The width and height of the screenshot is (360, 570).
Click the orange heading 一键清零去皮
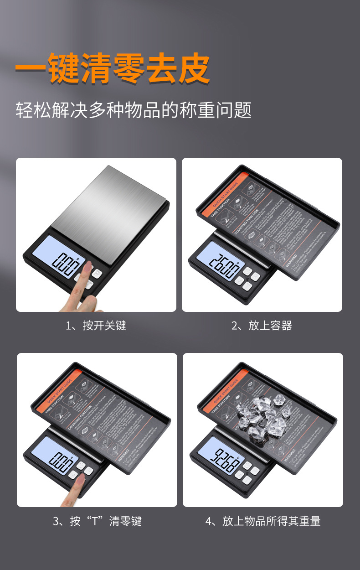click(112, 69)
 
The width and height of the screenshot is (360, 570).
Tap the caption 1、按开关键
click(96, 326)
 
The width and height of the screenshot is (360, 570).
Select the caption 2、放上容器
click(262, 326)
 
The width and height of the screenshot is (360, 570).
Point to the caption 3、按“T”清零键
click(97, 521)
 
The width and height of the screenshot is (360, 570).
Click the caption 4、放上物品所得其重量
click(263, 521)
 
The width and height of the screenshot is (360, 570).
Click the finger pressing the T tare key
click(78, 486)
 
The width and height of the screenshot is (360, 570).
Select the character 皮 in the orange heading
click(194, 69)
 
